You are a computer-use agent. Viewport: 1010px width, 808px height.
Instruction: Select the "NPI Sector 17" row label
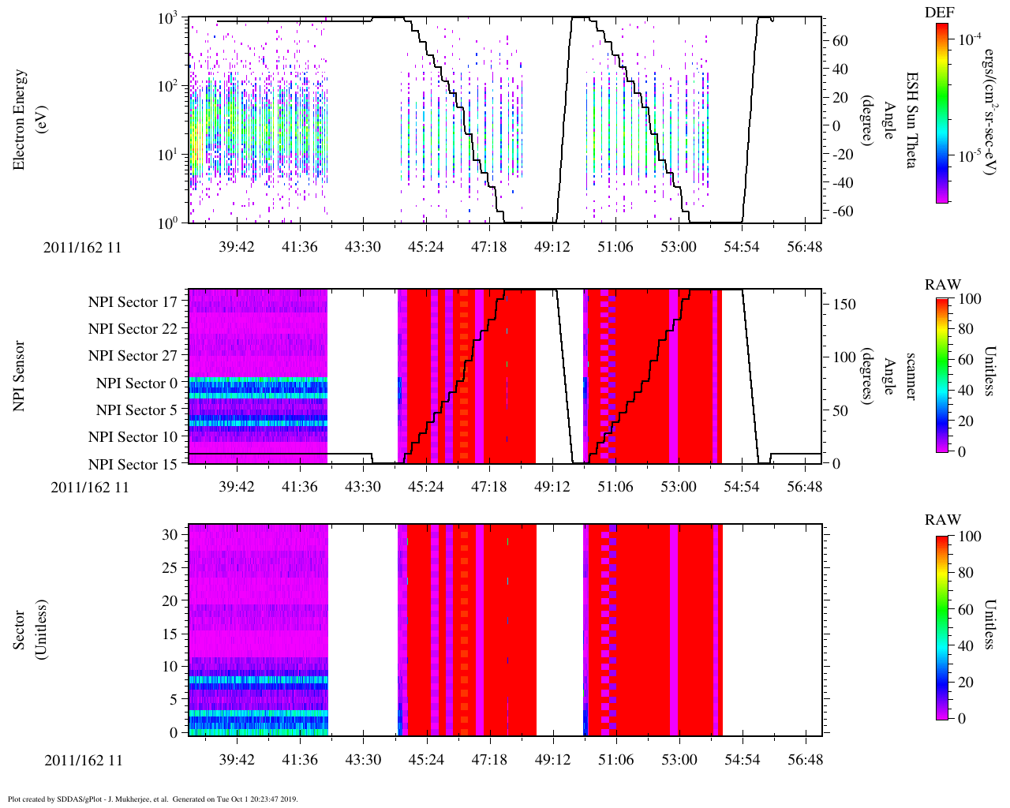133,302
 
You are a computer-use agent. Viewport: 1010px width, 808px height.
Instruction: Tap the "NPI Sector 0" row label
137,383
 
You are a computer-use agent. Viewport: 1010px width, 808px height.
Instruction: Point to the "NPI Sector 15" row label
133,465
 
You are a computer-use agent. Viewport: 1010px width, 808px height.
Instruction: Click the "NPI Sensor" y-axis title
20,376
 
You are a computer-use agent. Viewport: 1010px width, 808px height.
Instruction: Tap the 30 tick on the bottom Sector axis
176,534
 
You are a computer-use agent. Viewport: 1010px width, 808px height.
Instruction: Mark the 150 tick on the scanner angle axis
844,305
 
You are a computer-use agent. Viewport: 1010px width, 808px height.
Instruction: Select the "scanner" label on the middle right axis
911,376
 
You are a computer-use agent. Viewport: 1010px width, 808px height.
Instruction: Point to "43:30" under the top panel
363,247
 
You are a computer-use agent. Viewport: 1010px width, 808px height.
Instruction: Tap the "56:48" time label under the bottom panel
805,760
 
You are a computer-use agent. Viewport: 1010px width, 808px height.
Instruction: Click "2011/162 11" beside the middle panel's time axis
90,487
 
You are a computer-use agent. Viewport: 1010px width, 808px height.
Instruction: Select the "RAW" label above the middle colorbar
943,285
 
